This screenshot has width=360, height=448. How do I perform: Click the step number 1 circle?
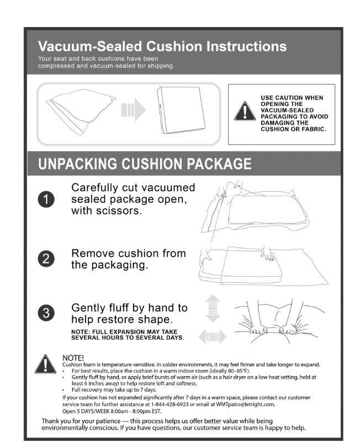(46, 199)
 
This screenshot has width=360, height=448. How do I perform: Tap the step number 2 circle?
(46, 259)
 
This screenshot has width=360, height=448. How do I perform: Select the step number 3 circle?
(46, 313)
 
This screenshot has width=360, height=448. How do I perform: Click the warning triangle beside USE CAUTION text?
(245, 112)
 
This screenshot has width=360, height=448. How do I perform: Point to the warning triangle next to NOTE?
(45, 365)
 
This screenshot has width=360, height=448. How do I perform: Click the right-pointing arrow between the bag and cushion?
(133, 110)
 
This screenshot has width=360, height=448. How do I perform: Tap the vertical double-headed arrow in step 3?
(213, 309)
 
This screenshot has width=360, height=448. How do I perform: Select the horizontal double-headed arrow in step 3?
(213, 337)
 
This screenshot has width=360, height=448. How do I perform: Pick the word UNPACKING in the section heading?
(77, 164)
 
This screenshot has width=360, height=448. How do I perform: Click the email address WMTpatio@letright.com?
(246, 404)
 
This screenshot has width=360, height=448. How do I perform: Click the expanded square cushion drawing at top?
(181, 110)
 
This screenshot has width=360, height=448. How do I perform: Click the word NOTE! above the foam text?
(73, 358)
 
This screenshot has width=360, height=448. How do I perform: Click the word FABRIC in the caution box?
(313, 129)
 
